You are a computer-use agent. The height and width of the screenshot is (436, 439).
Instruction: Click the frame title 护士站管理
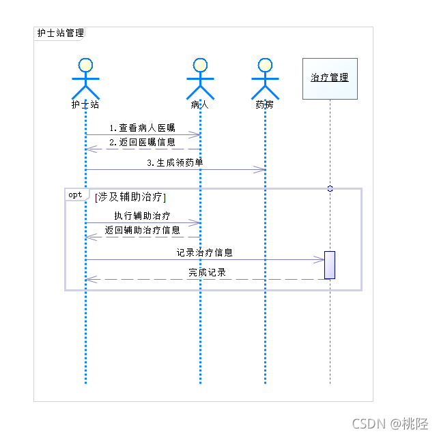tap(60, 33)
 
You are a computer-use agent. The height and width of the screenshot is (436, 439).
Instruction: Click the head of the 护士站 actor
tap(85, 66)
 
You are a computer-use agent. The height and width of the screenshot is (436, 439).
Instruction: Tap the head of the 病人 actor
tap(200, 66)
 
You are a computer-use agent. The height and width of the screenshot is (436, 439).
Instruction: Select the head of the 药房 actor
tap(265, 66)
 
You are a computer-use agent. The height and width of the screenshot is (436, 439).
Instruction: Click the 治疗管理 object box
tap(330, 78)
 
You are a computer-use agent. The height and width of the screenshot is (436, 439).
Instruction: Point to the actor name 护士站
tap(85, 105)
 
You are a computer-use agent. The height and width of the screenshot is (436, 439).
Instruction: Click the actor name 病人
tap(200, 105)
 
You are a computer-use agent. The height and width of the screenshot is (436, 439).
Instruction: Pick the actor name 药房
tap(265, 105)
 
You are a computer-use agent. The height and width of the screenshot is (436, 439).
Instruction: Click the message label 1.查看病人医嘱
tap(142, 128)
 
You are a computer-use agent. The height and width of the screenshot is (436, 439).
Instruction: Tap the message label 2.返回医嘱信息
tap(142, 143)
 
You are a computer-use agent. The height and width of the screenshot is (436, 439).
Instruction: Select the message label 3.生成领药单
tap(175, 163)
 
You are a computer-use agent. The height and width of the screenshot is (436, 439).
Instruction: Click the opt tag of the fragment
tap(74, 195)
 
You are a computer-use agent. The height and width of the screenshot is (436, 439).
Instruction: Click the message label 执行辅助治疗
tap(142, 216)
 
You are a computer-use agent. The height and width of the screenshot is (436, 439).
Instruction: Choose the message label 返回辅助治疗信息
tap(142, 231)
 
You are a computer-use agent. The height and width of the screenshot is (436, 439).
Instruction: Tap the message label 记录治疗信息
tap(205, 252)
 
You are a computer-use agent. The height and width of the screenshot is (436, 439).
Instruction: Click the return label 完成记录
tap(208, 272)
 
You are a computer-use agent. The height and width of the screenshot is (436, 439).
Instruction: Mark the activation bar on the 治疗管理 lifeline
tap(330, 265)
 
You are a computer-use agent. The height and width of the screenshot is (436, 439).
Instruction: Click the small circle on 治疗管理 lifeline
tap(330, 188)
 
